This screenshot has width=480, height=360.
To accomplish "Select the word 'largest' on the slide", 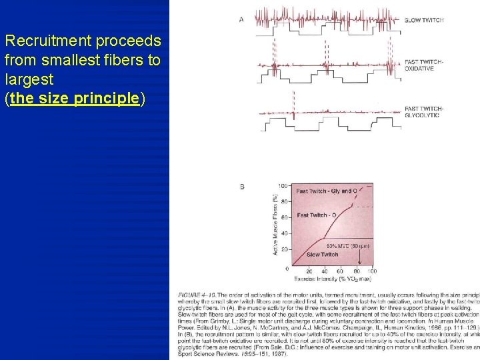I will point(28,80).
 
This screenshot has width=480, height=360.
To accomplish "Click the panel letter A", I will point(241,19).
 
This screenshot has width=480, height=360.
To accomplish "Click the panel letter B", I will point(242,187).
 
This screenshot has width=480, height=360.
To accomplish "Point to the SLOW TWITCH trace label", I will point(424,20).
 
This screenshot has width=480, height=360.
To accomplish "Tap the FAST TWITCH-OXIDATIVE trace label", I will point(424,65).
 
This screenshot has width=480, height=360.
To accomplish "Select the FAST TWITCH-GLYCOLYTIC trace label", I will point(424,112).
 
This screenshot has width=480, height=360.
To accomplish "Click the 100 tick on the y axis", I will point(283,186).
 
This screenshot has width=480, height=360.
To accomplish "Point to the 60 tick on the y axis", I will point(284,218).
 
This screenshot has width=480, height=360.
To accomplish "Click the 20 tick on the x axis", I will point(309,272).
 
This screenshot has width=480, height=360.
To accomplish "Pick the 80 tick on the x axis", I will point(356,272).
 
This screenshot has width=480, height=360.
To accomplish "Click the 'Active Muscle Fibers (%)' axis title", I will point(275,224).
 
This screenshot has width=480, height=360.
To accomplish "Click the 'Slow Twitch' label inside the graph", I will point(322,255).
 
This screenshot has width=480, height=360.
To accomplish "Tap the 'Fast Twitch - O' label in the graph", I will point(316,215).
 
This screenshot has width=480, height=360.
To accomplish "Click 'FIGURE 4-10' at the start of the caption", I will point(197,294).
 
